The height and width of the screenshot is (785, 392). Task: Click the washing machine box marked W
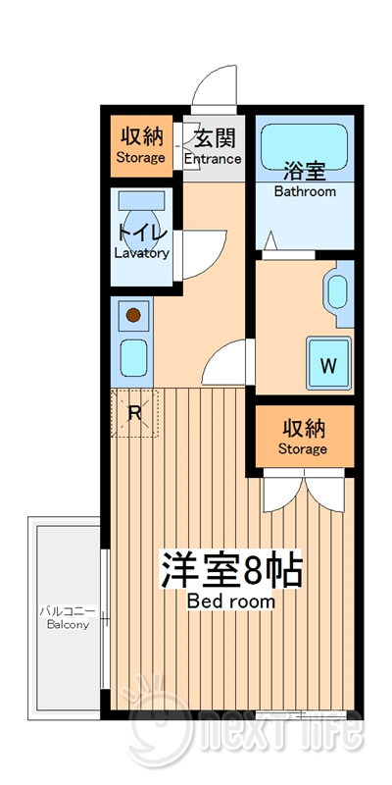(x=328, y=366)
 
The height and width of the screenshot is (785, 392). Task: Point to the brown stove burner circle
(x=132, y=316)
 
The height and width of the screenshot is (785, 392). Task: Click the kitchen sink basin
(x=132, y=355)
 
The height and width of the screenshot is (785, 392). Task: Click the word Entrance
(x=212, y=159)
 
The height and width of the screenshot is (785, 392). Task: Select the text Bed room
(x=231, y=601)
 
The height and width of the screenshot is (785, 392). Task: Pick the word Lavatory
(x=142, y=253)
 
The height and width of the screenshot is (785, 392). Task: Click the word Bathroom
(x=304, y=191)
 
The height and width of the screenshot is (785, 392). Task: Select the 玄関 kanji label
(x=212, y=137)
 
